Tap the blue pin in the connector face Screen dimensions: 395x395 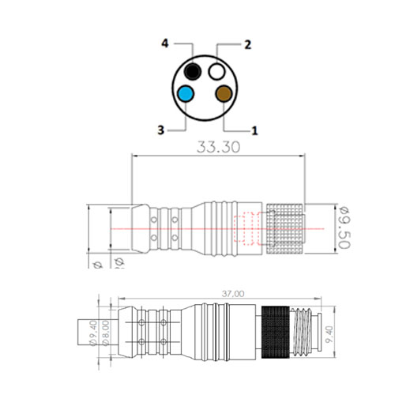[x=186, y=94]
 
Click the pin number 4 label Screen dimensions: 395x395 [x=164, y=45]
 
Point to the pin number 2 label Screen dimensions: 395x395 [x=247, y=45]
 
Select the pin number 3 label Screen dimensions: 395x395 [x=161, y=130]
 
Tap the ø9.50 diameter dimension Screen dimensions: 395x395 [x=344, y=229]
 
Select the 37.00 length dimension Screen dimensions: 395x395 [x=232, y=293]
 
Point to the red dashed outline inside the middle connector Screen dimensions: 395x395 [x=247, y=229]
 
